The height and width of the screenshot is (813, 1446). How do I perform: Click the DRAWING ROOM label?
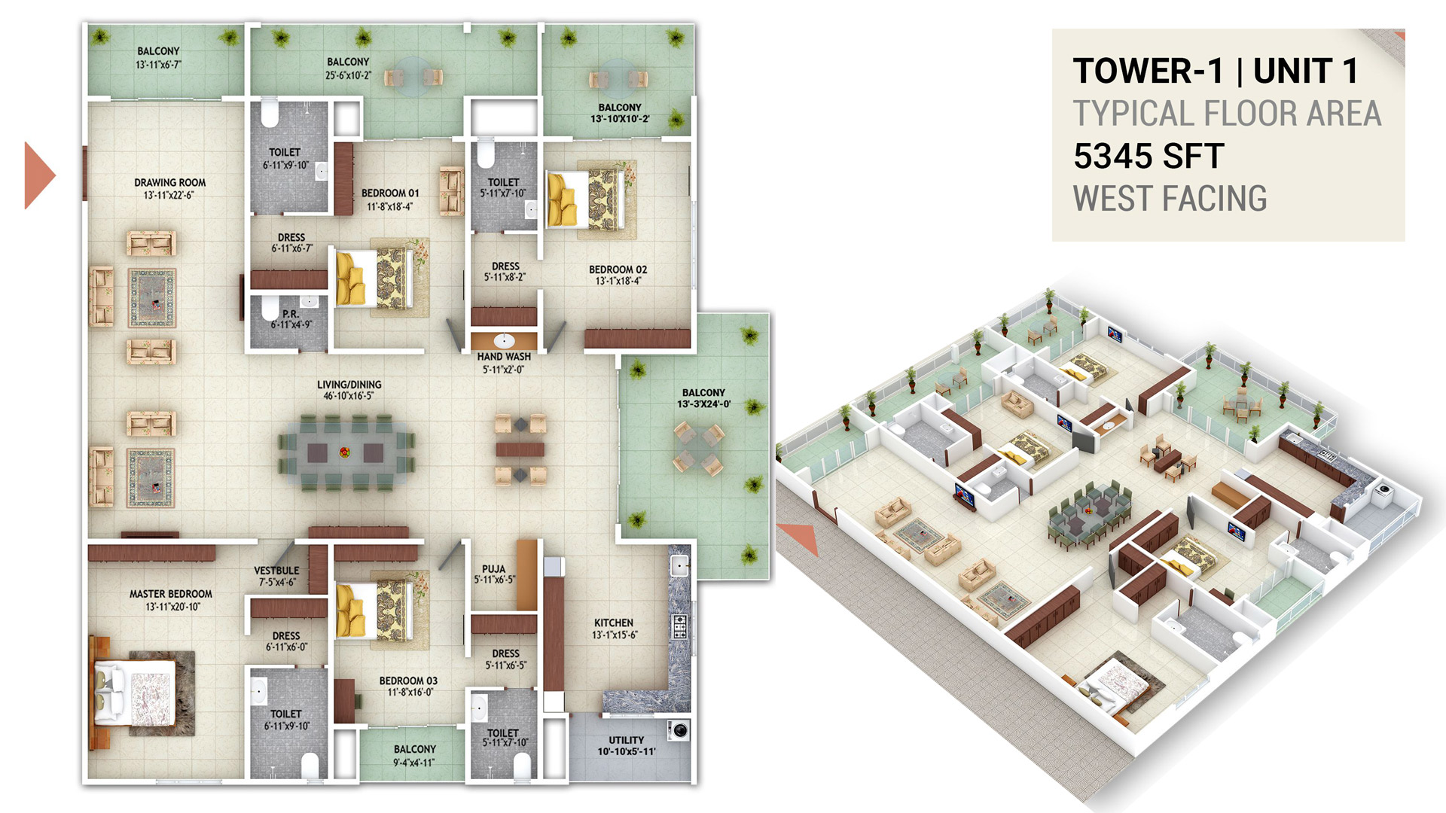tap(170, 182)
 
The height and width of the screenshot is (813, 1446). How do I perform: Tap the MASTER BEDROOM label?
tap(171, 594)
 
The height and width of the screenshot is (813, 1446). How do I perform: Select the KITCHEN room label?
tap(614, 623)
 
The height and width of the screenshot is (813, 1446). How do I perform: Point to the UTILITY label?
tap(627, 740)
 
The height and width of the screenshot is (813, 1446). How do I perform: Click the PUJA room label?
tap(494, 569)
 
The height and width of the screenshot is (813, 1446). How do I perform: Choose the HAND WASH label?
tap(504, 357)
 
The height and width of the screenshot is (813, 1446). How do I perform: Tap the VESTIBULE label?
tap(276, 571)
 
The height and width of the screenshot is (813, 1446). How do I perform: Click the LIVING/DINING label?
tap(349, 384)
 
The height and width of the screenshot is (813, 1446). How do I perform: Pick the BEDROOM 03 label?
tap(408, 681)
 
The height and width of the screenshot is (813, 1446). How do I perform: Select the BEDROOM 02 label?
tap(618, 269)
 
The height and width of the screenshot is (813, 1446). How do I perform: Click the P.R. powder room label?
tap(291, 314)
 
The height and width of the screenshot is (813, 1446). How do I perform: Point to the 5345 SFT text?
tap(1149, 157)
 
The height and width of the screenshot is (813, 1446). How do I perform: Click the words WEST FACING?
tap(1170, 199)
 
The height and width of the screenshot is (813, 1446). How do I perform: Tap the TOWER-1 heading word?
tap(1149, 72)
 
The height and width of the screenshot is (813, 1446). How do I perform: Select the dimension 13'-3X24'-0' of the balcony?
tap(704, 404)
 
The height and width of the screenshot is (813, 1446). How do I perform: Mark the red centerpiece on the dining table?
tap(345, 452)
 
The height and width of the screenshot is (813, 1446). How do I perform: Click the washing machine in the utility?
tap(679, 729)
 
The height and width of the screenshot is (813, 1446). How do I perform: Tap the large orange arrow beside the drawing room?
tap(40, 175)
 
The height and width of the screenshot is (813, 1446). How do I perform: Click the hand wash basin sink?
tap(504, 340)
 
